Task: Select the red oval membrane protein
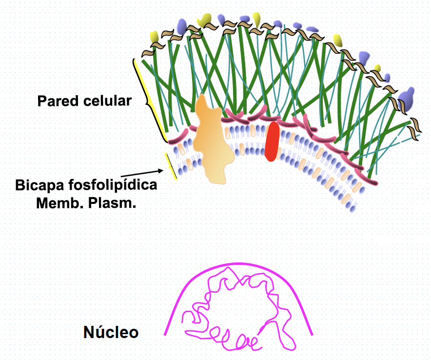click(x=272, y=141)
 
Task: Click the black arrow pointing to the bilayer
click(x=141, y=174)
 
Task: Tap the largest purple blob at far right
click(x=408, y=98)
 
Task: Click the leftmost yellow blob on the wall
click(x=154, y=37)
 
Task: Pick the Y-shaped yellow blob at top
click(x=206, y=20)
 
